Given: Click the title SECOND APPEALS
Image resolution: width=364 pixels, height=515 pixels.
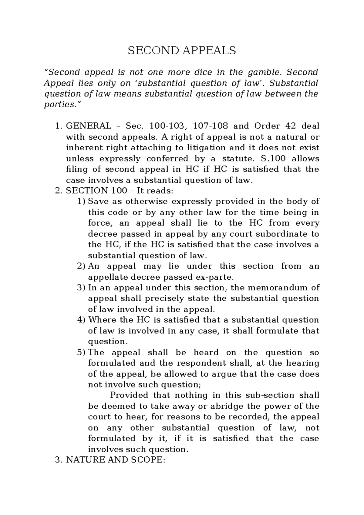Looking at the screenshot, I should [182, 50].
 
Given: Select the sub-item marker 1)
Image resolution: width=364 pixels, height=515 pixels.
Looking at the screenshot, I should [81, 202].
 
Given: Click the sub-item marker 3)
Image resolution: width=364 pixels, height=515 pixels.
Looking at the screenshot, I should [81, 288].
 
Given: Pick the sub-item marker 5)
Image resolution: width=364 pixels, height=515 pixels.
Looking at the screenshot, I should [81, 353].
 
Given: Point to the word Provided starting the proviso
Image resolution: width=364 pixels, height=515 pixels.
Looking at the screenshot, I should [129, 396].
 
